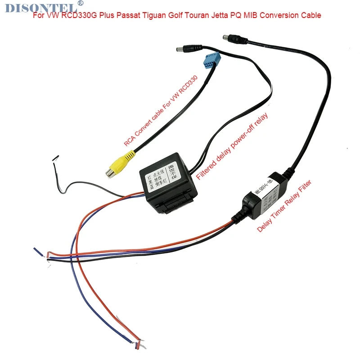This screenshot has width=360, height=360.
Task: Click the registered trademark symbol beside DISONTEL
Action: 81,3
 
